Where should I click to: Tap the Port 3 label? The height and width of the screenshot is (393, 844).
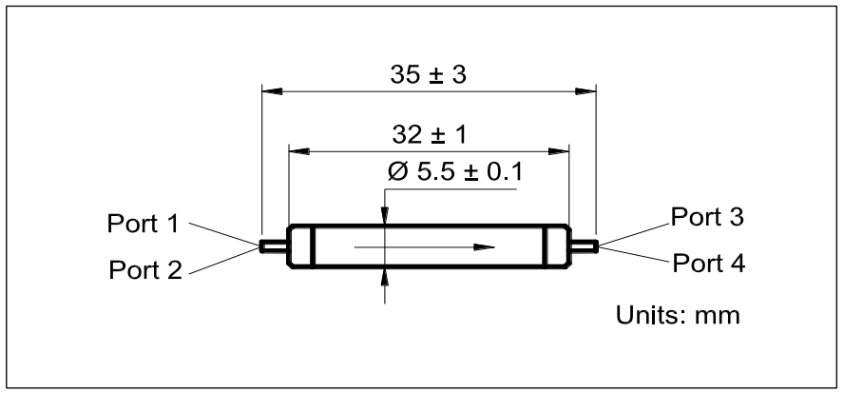point(706,216)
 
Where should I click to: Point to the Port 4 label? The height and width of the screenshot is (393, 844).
point(709,261)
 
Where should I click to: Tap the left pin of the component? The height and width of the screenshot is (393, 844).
point(274,246)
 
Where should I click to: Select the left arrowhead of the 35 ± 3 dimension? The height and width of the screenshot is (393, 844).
point(271,91)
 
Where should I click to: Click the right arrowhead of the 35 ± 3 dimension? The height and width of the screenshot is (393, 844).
point(585,91)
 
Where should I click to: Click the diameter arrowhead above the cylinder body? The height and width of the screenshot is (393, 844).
point(385,218)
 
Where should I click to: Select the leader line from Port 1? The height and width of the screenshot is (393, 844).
point(224,233)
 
